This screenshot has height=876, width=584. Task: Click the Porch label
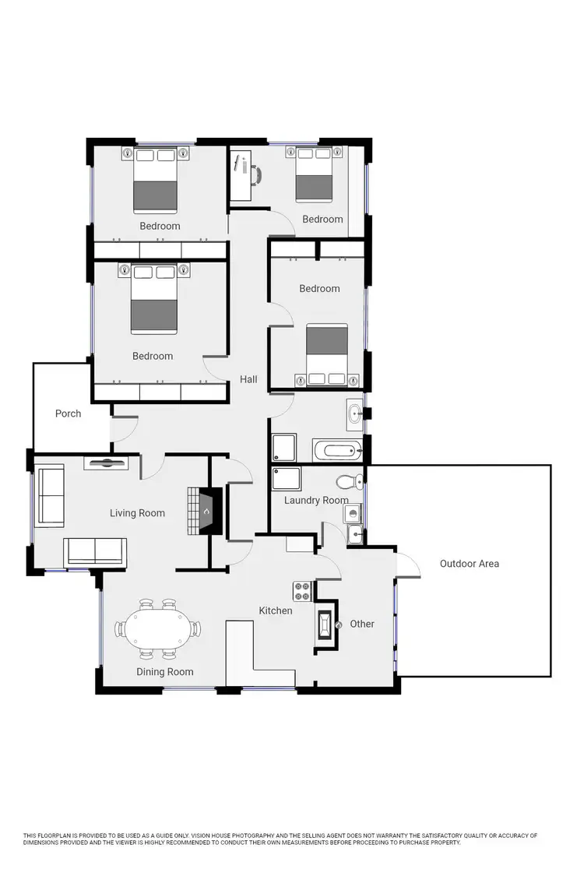[68, 413]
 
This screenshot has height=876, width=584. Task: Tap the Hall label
[248, 379]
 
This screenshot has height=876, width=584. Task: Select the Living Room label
[137, 513]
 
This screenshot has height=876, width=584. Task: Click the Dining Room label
[165, 672]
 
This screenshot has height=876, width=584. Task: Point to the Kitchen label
[276, 610]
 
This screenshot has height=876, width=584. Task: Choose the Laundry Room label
[316, 500]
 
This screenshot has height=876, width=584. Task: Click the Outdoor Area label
[469, 564]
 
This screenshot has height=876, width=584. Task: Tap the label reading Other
[362, 624]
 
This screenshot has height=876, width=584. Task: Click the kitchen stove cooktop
[302, 591]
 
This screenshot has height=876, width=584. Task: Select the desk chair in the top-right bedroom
[256, 172]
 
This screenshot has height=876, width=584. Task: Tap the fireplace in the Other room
[325, 624]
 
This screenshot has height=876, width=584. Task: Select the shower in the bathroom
[283, 448]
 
